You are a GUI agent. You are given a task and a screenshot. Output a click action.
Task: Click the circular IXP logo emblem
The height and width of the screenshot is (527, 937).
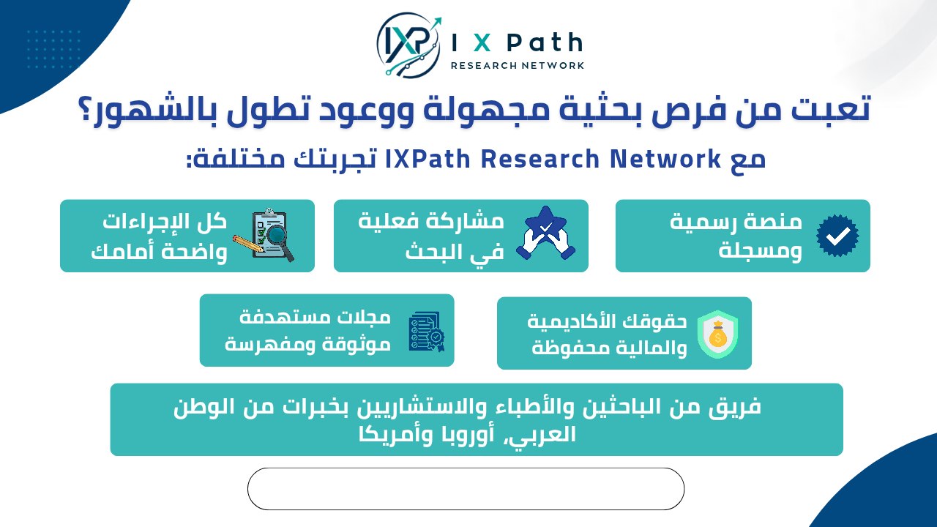pyautogui.click(x=408, y=45)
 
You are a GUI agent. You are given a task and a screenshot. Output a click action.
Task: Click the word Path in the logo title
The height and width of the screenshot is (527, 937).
pyautogui.click(x=545, y=42)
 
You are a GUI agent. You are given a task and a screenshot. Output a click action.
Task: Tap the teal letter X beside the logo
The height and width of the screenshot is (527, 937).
pyautogui.click(x=482, y=43)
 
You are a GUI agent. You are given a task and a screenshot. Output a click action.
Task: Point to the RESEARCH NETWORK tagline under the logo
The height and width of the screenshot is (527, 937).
pyautogui.click(x=518, y=66)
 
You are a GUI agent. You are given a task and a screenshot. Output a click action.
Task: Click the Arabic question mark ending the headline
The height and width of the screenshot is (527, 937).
pyautogui.click(x=87, y=111)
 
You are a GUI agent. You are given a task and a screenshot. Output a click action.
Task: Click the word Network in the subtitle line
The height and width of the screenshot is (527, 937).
pyautogui.click(x=665, y=159)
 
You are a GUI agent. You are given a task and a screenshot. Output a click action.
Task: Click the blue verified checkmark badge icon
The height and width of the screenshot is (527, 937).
pyautogui.click(x=837, y=236)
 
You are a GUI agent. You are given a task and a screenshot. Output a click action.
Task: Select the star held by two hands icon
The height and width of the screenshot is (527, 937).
pyautogui.click(x=545, y=233)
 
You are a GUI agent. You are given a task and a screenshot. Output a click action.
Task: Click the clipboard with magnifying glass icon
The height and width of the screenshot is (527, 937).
pyautogui.click(x=264, y=235)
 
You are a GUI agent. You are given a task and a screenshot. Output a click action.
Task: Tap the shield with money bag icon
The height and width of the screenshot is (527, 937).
pyautogui.click(x=718, y=334)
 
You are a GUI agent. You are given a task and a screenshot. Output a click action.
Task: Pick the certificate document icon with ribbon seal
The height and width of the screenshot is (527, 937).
pyautogui.click(x=426, y=332)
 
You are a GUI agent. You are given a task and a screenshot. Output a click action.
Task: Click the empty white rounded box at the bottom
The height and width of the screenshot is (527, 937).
pyautogui.click(x=466, y=488)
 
